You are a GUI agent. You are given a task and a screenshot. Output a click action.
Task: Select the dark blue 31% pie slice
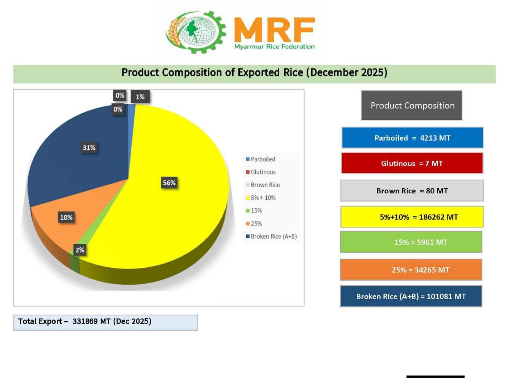(79, 165)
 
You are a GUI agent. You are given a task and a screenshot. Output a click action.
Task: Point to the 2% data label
(80, 250)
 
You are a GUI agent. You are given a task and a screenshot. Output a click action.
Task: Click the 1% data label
(140, 97)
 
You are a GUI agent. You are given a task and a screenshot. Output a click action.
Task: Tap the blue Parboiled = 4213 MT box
(412, 138)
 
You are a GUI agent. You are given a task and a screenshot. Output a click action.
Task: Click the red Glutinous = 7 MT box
(412, 163)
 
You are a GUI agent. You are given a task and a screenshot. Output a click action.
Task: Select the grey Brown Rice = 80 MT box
(412, 191)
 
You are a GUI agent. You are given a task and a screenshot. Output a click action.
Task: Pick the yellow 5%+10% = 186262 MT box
(412, 217)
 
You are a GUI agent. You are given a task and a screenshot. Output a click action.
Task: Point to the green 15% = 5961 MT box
(411, 242)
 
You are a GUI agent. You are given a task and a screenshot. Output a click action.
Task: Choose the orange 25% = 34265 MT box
(411, 270)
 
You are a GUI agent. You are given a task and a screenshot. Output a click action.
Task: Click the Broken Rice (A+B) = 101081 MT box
(411, 296)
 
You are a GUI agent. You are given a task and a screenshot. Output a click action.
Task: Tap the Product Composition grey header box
(411, 106)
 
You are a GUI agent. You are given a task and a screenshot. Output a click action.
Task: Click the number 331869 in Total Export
(85, 321)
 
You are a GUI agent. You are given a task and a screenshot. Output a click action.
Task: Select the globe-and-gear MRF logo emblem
(196, 31)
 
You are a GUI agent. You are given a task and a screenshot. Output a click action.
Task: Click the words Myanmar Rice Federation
(274, 46)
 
